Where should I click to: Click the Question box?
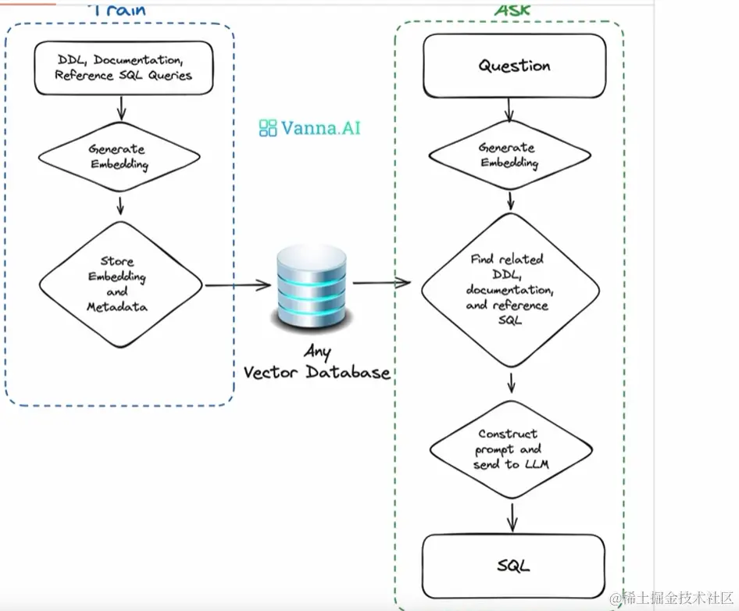pyautogui.click(x=514, y=65)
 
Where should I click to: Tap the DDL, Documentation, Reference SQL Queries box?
pyautogui.click(x=123, y=68)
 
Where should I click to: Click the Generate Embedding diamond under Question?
pyautogui.click(x=508, y=155)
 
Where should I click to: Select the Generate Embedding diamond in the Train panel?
pyautogui.click(x=118, y=156)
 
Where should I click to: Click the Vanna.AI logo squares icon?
pyautogui.click(x=268, y=128)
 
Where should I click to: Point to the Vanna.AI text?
pyautogui.click(x=321, y=127)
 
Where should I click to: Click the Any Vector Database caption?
pyautogui.click(x=316, y=364)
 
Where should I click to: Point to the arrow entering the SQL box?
pyautogui.click(x=512, y=517)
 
